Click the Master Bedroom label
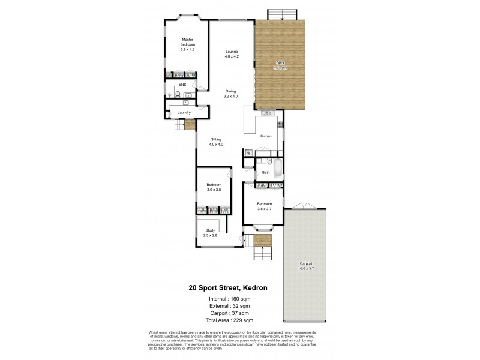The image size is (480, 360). (188, 44)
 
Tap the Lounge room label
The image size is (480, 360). (232, 53)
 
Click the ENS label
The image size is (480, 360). (181, 85)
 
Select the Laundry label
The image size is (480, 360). (184, 112)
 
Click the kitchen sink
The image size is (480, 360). (267, 113)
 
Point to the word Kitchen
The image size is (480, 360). (265, 136)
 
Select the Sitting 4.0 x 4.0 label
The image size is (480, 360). (215, 142)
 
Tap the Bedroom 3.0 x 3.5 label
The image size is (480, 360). (214, 187)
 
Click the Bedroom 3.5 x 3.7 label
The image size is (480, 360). (265, 207)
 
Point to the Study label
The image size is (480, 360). (210, 232)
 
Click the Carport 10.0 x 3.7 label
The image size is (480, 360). (305, 266)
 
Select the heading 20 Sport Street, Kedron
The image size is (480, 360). (227, 287)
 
